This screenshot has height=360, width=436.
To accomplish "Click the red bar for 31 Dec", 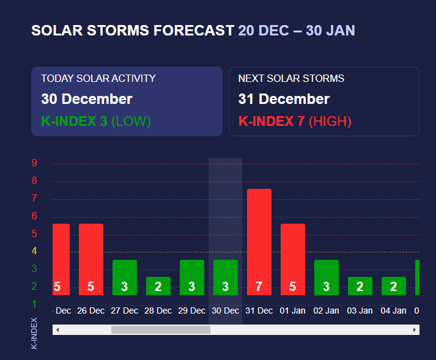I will tap(259, 241).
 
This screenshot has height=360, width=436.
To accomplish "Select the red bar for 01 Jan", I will tap(292, 259).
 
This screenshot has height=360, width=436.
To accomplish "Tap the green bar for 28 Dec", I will tap(158, 285).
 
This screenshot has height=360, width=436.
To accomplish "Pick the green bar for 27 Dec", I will tap(124, 277).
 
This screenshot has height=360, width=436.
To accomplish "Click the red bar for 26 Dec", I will tap(91, 259).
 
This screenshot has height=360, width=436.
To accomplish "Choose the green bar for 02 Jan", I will tap(326, 277).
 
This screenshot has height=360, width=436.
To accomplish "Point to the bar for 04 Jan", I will tap(393, 285).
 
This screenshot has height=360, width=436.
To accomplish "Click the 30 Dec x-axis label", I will tap(225, 310).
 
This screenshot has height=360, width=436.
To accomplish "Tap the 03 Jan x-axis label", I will tap(360, 310).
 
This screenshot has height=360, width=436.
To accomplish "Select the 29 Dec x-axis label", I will tap(191, 310).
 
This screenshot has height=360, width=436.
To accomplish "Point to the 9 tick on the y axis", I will tap(35, 163).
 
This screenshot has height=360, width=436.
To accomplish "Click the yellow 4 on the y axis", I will tap(35, 251).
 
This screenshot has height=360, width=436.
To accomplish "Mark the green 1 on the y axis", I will tap(35, 304).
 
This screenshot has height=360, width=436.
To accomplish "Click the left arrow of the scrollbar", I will tap(57, 330).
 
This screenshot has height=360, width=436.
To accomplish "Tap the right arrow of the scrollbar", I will tap(415, 330).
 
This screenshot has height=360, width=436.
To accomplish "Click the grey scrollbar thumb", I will tap(160, 330).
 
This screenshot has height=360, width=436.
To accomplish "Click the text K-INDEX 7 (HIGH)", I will tap(295, 121).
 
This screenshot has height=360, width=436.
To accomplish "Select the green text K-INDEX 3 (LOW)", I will tap(95, 121).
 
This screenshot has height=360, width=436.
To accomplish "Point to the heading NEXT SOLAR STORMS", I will tap(291, 78).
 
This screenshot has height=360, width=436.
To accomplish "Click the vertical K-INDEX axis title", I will tap(34, 333).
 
